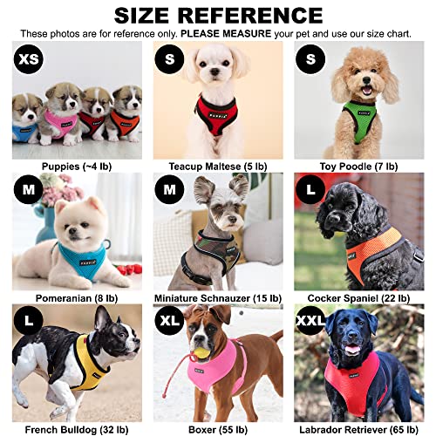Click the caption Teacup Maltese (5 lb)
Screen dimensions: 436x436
tap(218, 165)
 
